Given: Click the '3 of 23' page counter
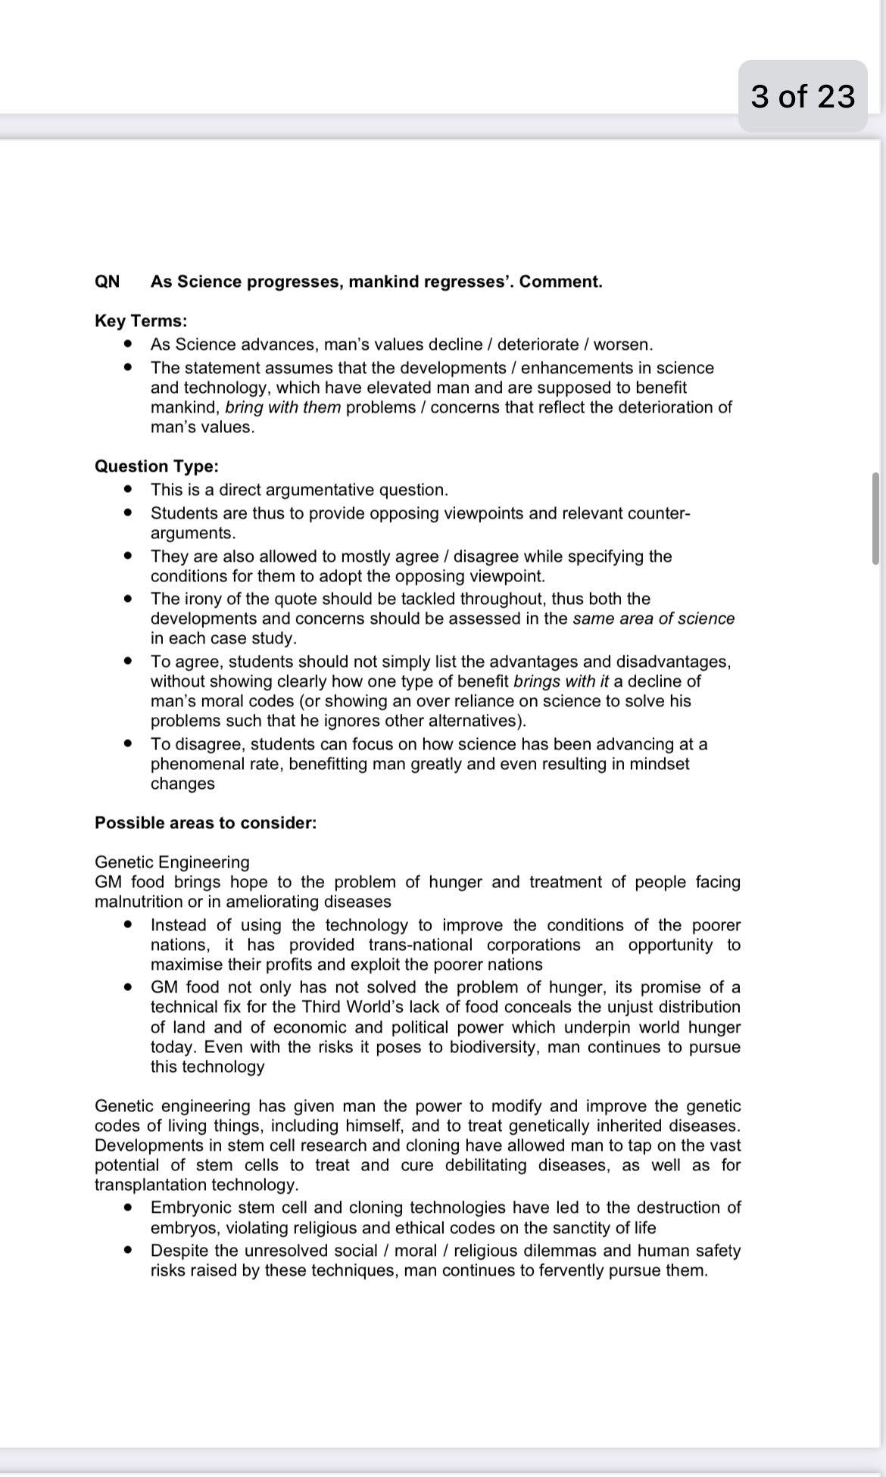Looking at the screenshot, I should (x=803, y=96).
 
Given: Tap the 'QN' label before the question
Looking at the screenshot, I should (x=107, y=282).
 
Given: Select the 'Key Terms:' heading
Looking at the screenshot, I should (x=141, y=321).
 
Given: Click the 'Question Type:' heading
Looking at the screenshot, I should (x=156, y=466).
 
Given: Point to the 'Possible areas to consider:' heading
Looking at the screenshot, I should (x=205, y=823).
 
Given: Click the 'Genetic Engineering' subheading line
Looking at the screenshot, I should (x=172, y=862).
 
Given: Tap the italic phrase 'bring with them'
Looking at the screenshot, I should (x=282, y=407).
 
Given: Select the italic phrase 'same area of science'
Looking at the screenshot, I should (x=654, y=619).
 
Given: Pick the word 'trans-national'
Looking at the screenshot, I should (x=420, y=945).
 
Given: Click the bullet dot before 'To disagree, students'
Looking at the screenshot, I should (x=129, y=743).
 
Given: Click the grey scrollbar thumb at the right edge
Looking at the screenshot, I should (x=875, y=519).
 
